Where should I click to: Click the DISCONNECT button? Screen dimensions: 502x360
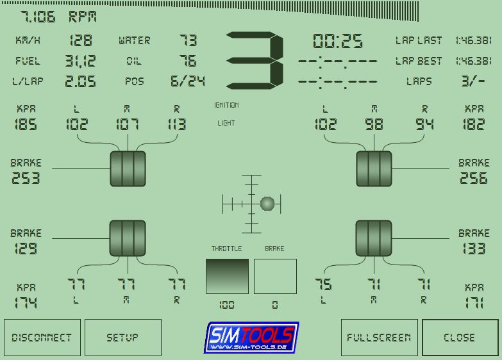pyautogui.click(x=42, y=338)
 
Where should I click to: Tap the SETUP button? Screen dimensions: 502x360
pyautogui.click(x=123, y=338)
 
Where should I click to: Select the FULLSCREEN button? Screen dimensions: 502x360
pyautogui.click(x=380, y=338)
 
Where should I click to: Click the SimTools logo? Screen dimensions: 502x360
pyautogui.click(x=251, y=338)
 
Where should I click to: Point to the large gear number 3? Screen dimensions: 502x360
pyautogui.click(x=255, y=60)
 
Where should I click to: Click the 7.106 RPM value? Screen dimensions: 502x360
pyautogui.click(x=58, y=17)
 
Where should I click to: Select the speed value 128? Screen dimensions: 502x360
pyautogui.click(x=81, y=40)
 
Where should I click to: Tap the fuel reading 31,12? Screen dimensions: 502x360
pyautogui.click(x=80, y=61)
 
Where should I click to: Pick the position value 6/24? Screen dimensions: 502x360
pyautogui.click(x=188, y=81)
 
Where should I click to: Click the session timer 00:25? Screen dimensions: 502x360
pyautogui.click(x=338, y=41)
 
